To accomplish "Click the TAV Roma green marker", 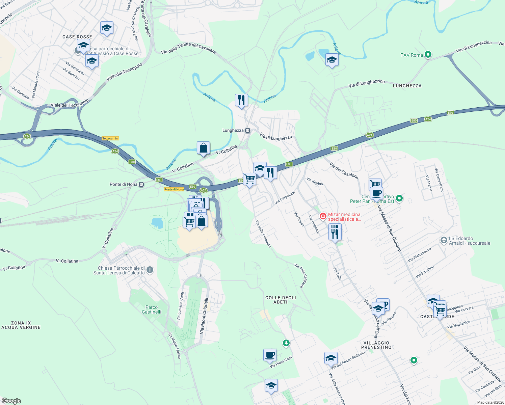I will click(428, 54).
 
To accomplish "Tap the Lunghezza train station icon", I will click(248, 131).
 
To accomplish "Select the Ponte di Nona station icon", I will click(141, 184).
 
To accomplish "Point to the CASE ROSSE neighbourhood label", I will click(77, 37).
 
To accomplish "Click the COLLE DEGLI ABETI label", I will click(281, 300).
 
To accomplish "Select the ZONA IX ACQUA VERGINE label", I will click(21, 325).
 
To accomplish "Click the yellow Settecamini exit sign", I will click(110, 138).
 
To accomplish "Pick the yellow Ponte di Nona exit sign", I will click(174, 189).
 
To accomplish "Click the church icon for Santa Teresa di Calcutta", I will click(150, 270).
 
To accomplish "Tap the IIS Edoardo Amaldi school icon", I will click(444, 240).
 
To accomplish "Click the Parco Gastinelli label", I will click(152, 309).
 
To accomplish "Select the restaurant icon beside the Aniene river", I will click(241, 100).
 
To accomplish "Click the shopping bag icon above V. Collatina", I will click(203, 148).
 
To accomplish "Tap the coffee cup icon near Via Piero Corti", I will click(270, 355).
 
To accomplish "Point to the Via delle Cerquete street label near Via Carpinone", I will click(263, 234).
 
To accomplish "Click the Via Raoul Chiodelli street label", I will click(204, 316).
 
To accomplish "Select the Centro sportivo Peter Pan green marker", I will click(399, 198).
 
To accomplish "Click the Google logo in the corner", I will click(11, 401).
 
